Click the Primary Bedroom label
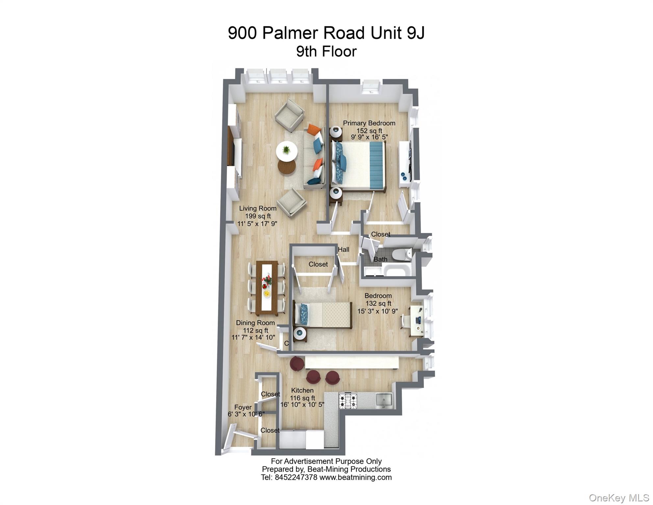(x=369, y=123)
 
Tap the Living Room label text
(x=258, y=208)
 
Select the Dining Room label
(x=255, y=323)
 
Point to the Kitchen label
(x=302, y=390)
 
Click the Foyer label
(x=243, y=407)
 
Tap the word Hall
(x=343, y=250)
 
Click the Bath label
(x=380, y=259)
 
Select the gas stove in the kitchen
(x=348, y=401)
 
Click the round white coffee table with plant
(x=287, y=151)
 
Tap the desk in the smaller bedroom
(x=416, y=321)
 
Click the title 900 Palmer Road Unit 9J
(x=326, y=33)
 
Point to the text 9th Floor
(x=326, y=52)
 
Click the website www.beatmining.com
(x=355, y=477)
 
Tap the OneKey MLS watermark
(x=619, y=498)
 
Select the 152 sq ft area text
(x=369, y=131)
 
